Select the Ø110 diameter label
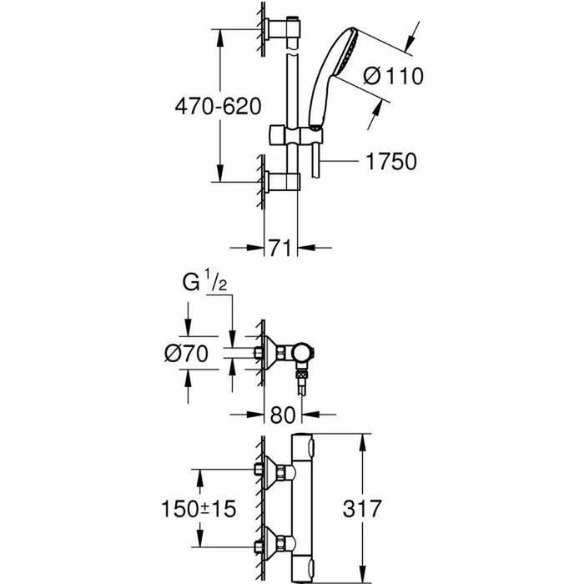click(x=395, y=76)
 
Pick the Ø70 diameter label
click(x=184, y=353)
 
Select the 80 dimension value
click(x=283, y=413)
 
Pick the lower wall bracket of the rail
click(x=279, y=182)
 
